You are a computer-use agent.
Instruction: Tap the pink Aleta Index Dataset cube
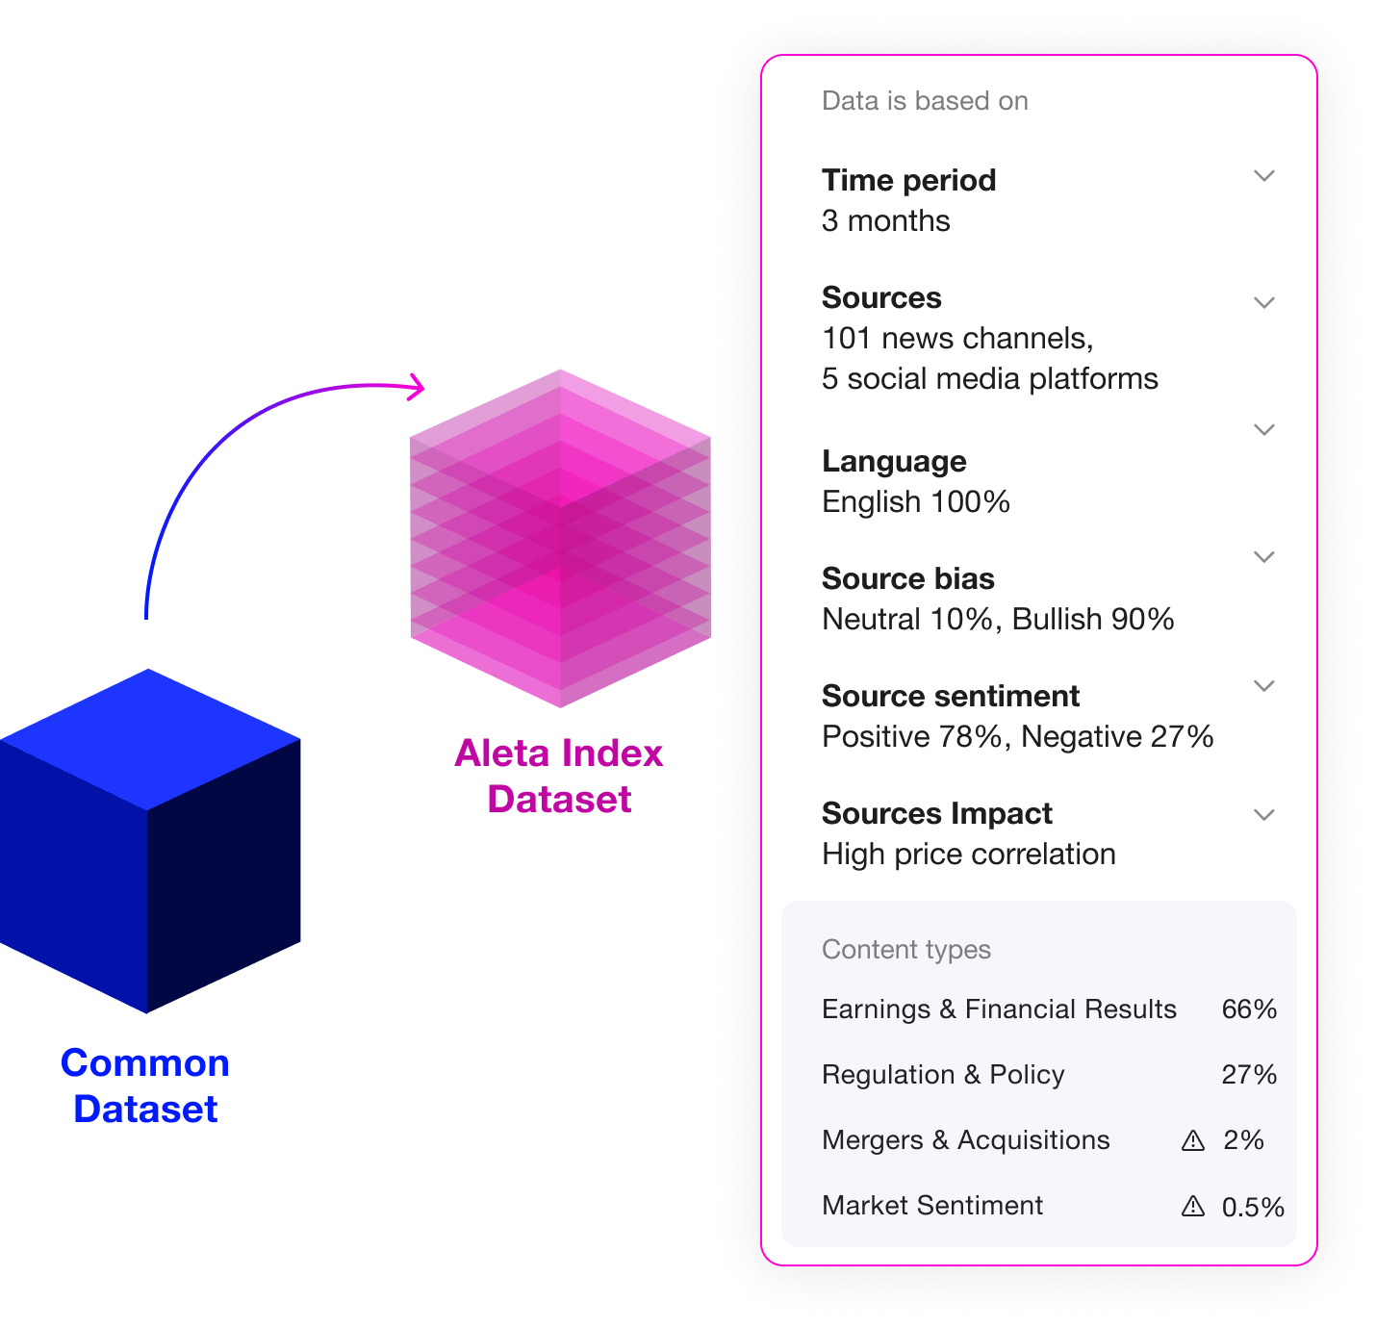click(x=560, y=539)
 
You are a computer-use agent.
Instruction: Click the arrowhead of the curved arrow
click(x=416, y=387)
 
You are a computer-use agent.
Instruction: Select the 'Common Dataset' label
click(x=145, y=1085)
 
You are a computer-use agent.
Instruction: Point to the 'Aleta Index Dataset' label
click(x=559, y=776)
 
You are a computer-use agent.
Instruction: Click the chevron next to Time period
click(x=1264, y=176)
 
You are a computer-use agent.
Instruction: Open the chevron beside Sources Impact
click(x=1264, y=815)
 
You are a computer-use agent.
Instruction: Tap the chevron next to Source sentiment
click(x=1264, y=686)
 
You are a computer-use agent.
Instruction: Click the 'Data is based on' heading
click(x=925, y=101)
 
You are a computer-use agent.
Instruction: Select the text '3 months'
click(x=885, y=221)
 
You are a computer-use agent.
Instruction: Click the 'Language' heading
click(x=894, y=462)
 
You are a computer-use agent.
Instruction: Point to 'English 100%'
click(x=915, y=502)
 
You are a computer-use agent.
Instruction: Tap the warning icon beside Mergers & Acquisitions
click(x=1193, y=1140)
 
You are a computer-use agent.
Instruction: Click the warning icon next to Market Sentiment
click(x=1193, y=1206)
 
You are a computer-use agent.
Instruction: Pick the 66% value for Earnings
click(x=1249, y=1009)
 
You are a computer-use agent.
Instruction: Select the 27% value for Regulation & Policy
click(x=1249, y=1075)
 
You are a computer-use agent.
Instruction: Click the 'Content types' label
click(x=905, y=950)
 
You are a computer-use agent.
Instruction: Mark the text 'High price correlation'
click(x=968, y=855)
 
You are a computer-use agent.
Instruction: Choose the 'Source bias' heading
click(x=907, y=579)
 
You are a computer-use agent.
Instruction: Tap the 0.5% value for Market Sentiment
click(x=1253, y=1208)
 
